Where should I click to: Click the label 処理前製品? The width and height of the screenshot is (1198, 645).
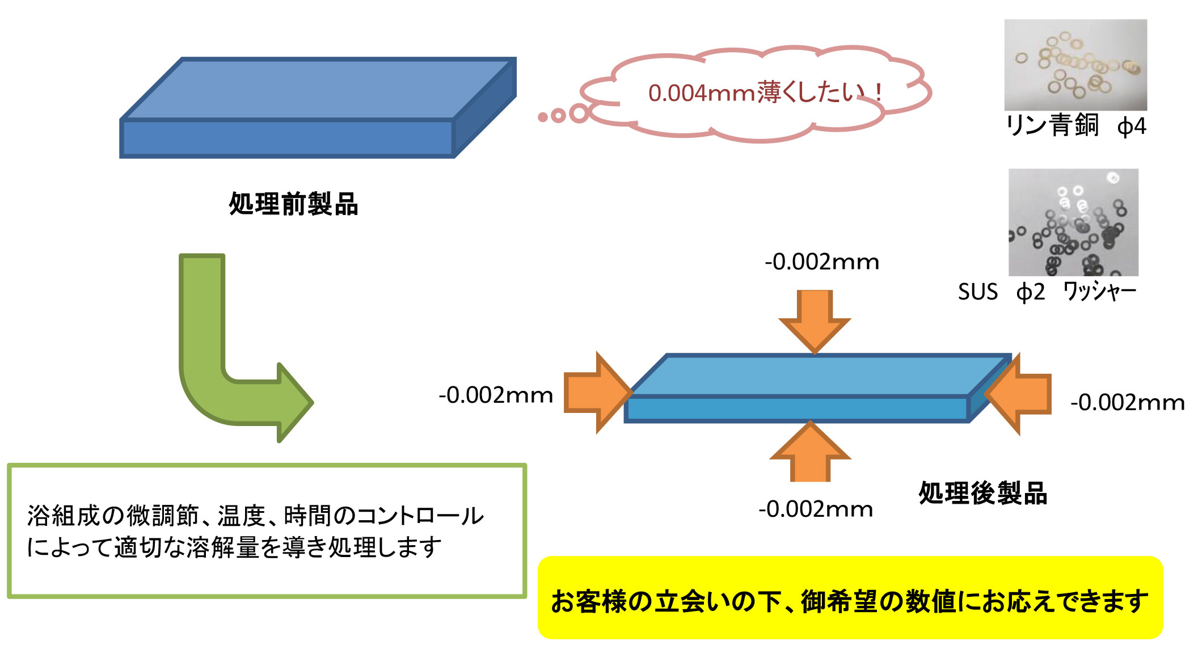tap(293, 204)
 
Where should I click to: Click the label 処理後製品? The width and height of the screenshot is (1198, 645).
tap(982, 493)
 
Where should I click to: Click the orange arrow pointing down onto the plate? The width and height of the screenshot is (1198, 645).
tap(815, 319)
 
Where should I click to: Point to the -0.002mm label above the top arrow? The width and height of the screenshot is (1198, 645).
tap(822, 262)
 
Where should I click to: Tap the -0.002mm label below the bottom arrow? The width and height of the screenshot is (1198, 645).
tap(816, 509)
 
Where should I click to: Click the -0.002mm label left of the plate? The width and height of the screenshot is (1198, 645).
tap(496, 395)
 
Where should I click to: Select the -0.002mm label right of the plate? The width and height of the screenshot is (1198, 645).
tap(1127, 402)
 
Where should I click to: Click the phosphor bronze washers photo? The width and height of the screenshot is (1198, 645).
tap(1075, 65)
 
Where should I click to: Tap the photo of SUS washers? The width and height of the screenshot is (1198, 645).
tap(1073, 222)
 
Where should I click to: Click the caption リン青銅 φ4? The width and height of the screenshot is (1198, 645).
tap(1076, 125)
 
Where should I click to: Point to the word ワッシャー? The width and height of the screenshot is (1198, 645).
tap(1099, 292)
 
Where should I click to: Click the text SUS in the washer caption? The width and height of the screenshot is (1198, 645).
tap(977, 292)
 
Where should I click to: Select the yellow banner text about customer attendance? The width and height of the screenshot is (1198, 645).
tap(849, 601)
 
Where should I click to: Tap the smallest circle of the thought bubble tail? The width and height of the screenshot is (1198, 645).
tap(543, 117)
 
